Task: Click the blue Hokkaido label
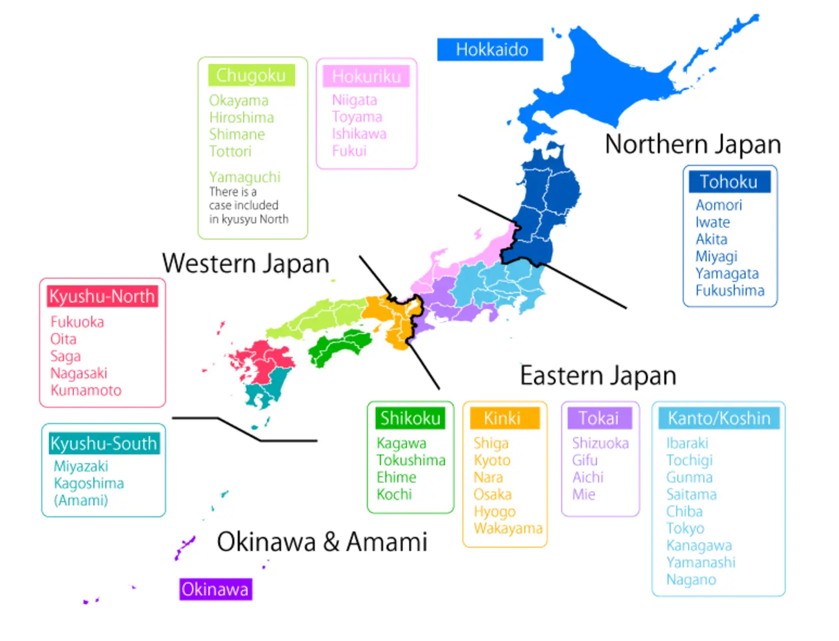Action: click(491, 50)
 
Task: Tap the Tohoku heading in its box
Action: click(729, 182)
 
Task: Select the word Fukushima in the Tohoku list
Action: click(730, 291)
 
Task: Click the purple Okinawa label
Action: click(215, 589)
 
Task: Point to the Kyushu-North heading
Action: click(102, 296)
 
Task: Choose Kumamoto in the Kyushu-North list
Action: click(86, 390)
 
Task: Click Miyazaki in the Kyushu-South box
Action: click(81, 466)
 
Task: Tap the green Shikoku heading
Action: click(411, 418)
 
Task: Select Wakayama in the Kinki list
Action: click(508, 528)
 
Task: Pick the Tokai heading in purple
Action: click(598, 418)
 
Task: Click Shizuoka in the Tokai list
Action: click(600, 443)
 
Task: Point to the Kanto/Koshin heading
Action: click(719, 418)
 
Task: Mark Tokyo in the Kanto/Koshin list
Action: click(685, 528)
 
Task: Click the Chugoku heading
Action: click(251, 75)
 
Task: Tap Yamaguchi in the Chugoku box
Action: click(245, 177)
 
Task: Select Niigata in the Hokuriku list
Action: click(355, 100)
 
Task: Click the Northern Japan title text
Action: click(692, 144)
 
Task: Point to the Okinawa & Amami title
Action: click(322, 542)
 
